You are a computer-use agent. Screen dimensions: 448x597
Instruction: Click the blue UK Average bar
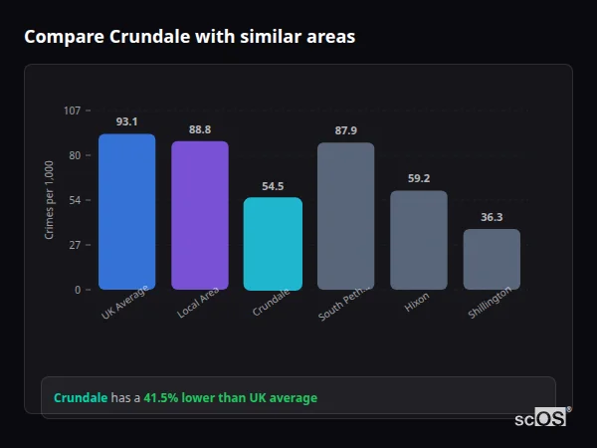126,211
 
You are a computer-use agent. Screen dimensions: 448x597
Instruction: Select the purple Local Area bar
199,215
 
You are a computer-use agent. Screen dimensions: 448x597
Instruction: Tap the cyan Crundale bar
273,243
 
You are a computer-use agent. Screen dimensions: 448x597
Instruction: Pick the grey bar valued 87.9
345,216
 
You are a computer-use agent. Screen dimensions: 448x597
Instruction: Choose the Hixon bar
418,240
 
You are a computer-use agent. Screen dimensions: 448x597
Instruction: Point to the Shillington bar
492,259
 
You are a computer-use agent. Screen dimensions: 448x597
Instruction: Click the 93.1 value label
126,121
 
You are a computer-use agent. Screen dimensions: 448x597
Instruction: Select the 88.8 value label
199,129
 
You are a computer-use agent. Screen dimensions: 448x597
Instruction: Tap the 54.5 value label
273,186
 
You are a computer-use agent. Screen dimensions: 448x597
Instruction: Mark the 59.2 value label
418,178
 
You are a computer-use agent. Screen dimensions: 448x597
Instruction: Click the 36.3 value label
492,217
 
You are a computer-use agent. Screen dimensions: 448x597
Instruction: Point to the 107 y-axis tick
72,111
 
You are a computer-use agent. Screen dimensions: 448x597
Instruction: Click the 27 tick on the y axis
75,245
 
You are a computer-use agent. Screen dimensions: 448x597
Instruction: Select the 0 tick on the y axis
78,290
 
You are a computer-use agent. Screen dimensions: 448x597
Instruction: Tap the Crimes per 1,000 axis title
50,200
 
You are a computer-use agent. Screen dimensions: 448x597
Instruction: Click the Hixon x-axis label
417,304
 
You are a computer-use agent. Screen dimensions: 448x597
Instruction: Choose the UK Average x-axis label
124,304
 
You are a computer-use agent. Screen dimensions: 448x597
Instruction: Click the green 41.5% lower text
230,398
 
